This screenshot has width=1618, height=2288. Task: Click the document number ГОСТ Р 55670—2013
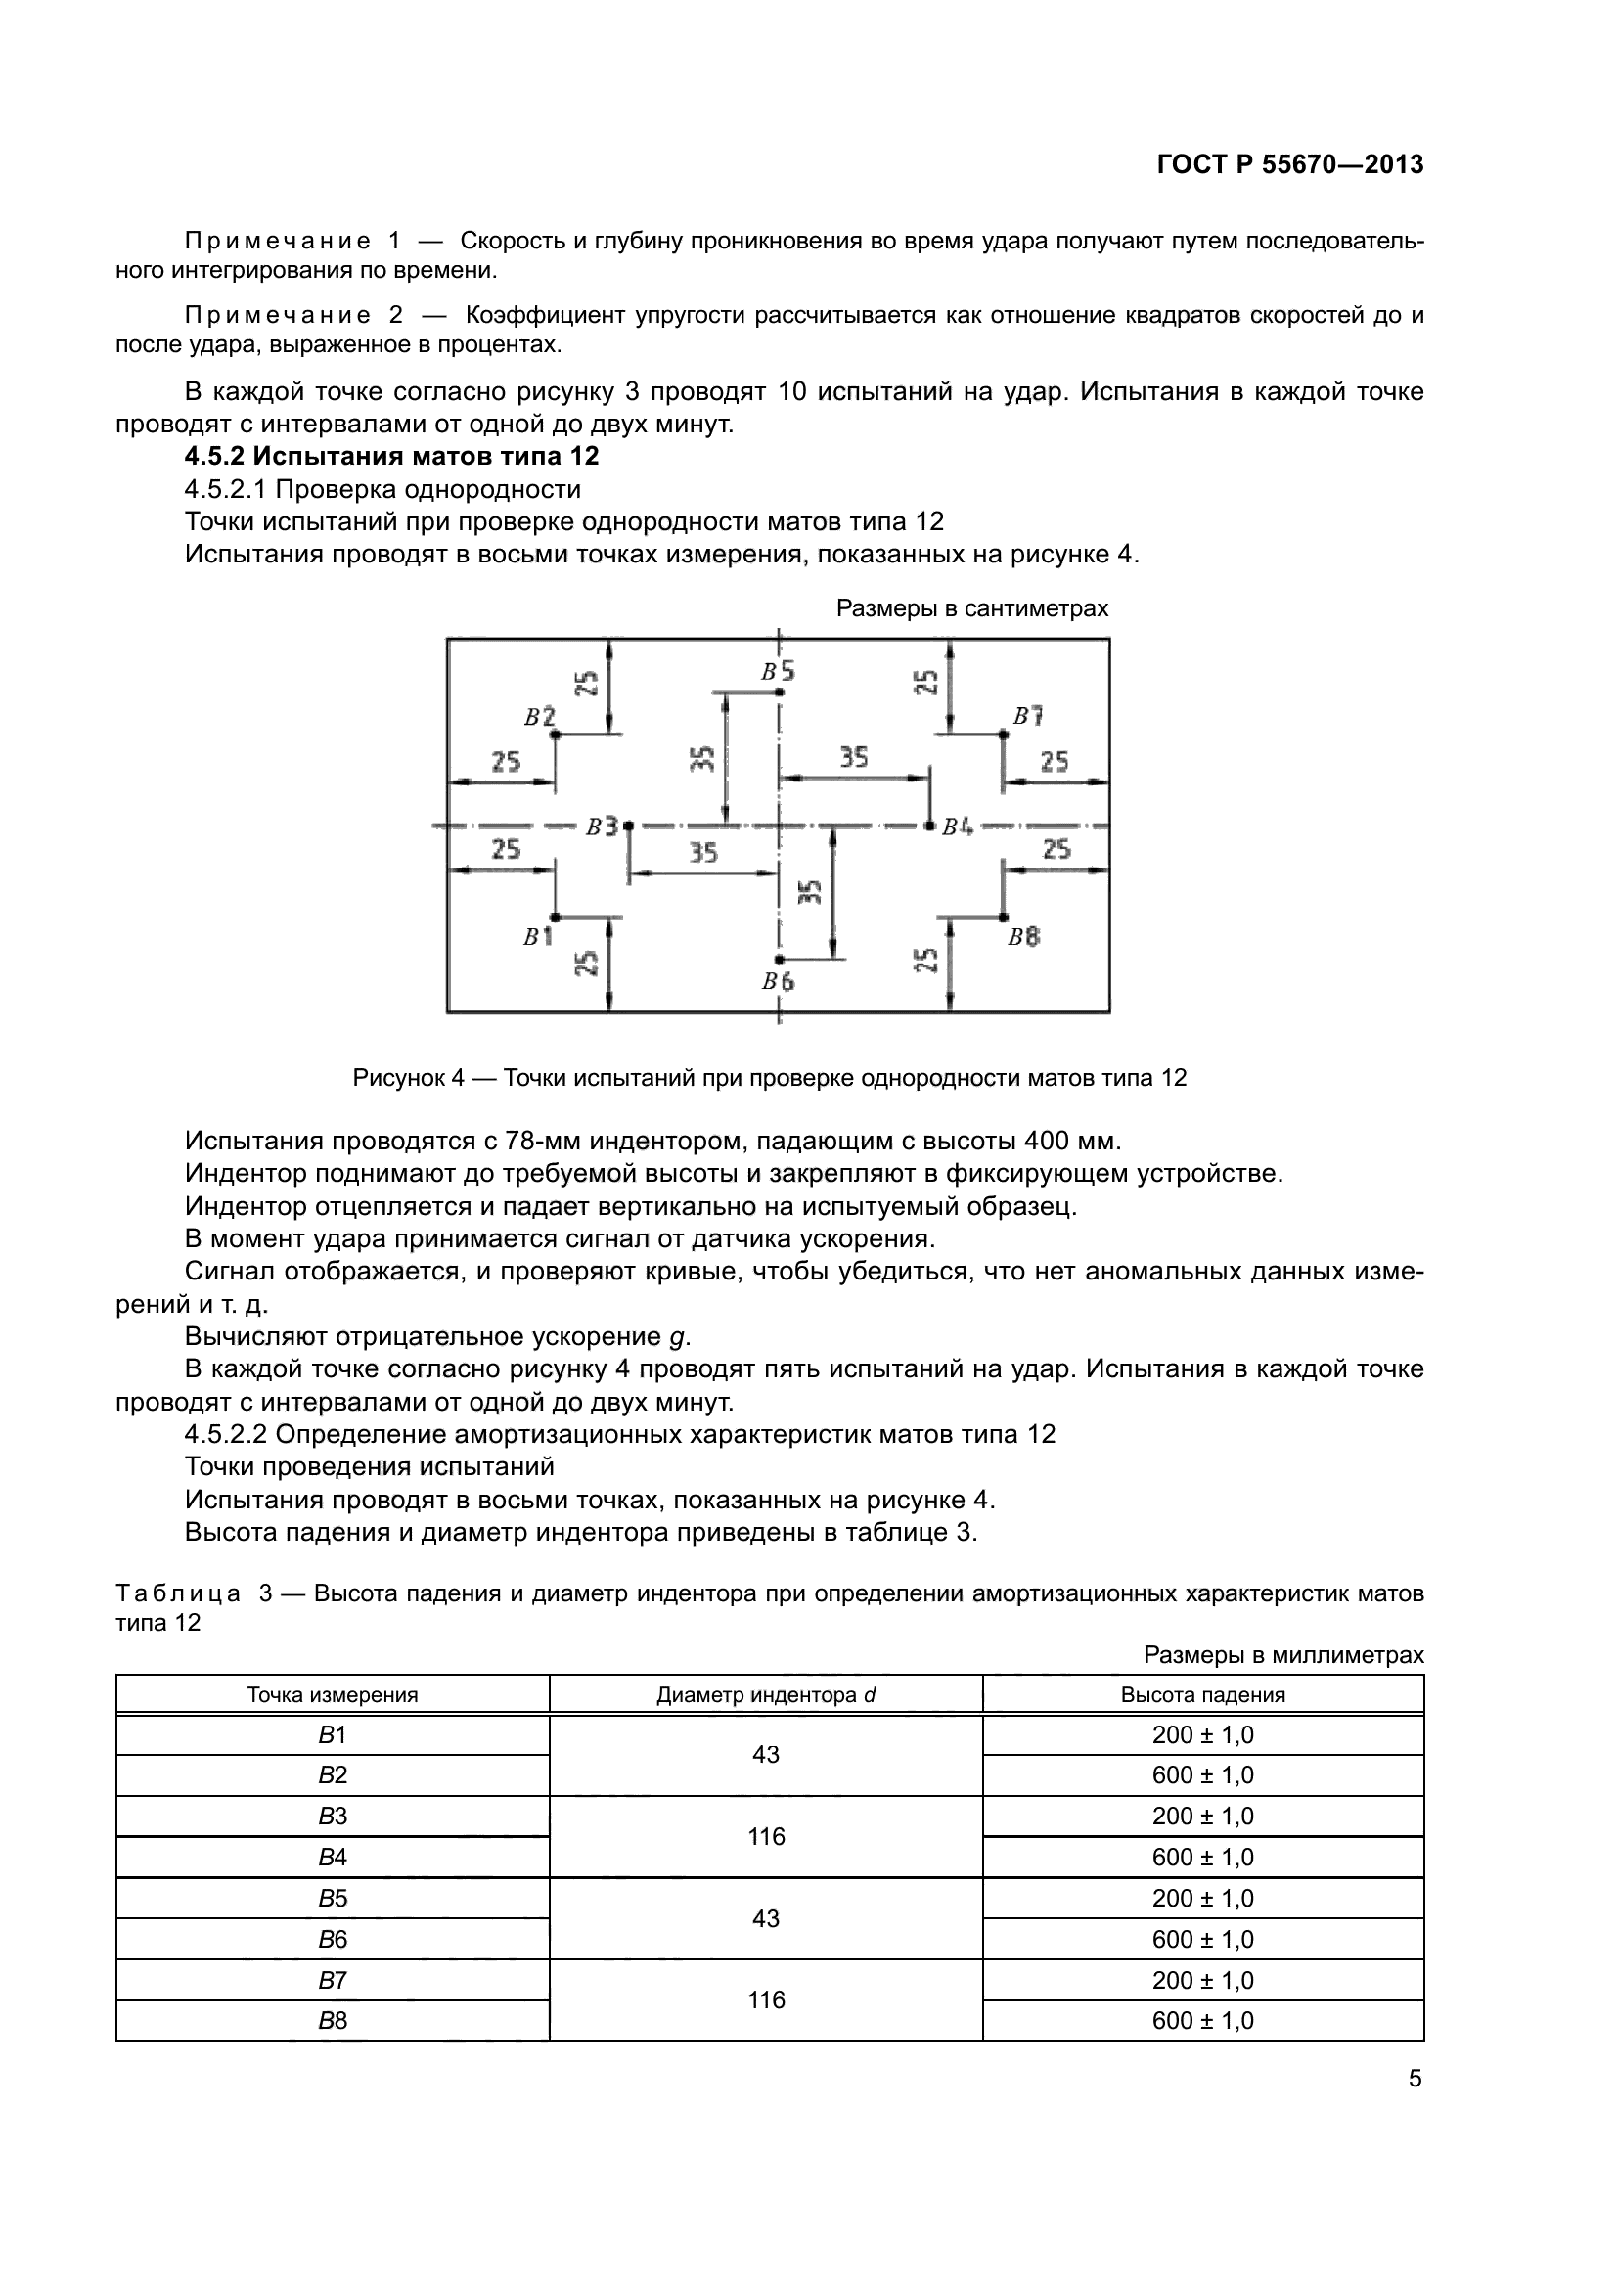(1290, 164)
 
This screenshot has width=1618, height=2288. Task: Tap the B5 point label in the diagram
(778, 673)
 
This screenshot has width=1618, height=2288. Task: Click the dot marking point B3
(628, 827)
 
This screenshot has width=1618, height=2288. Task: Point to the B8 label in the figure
(1023, 938)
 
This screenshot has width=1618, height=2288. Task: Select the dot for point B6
(779, 960)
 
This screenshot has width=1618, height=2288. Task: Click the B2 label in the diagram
(539, 716)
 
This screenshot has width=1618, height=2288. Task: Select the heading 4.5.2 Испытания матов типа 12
(391, 457)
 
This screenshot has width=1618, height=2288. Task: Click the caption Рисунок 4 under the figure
(769, 1078)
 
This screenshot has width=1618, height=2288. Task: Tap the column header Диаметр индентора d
(765, 1695)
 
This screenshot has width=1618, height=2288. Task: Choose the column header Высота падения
(1202, 1695)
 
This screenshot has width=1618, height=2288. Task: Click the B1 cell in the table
(332, 1735)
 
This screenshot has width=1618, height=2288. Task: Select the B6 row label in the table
(332, 1939)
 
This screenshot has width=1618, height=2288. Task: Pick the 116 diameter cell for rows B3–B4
(765, 1837)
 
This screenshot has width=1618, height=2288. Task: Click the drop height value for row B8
(1202, 2020)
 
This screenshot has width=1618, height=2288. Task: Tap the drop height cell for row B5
(1202, 1899)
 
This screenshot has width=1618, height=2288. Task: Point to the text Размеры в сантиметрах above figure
(971, 608)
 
